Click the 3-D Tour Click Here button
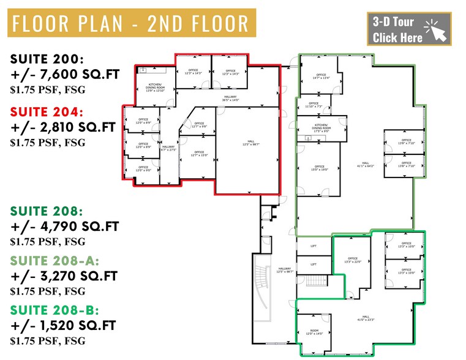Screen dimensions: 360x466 (x=408, y=29)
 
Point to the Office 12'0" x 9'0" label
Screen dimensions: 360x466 (x=143, y=168)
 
